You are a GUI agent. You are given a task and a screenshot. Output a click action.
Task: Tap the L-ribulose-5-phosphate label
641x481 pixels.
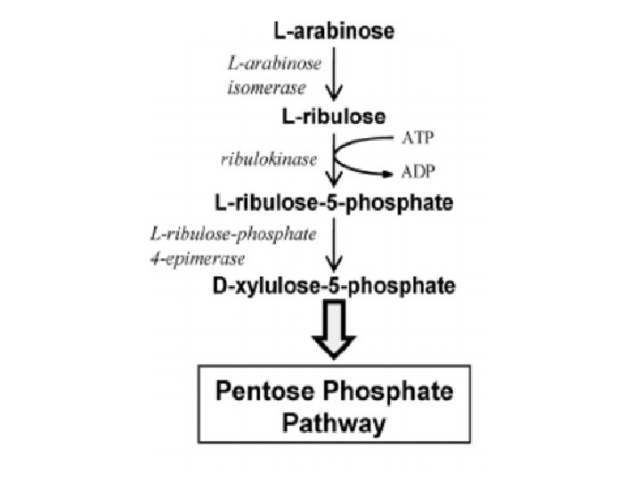click(x=335, y=202)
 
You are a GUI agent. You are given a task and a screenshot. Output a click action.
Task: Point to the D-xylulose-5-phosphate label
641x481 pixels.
click(x=335, y=287)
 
